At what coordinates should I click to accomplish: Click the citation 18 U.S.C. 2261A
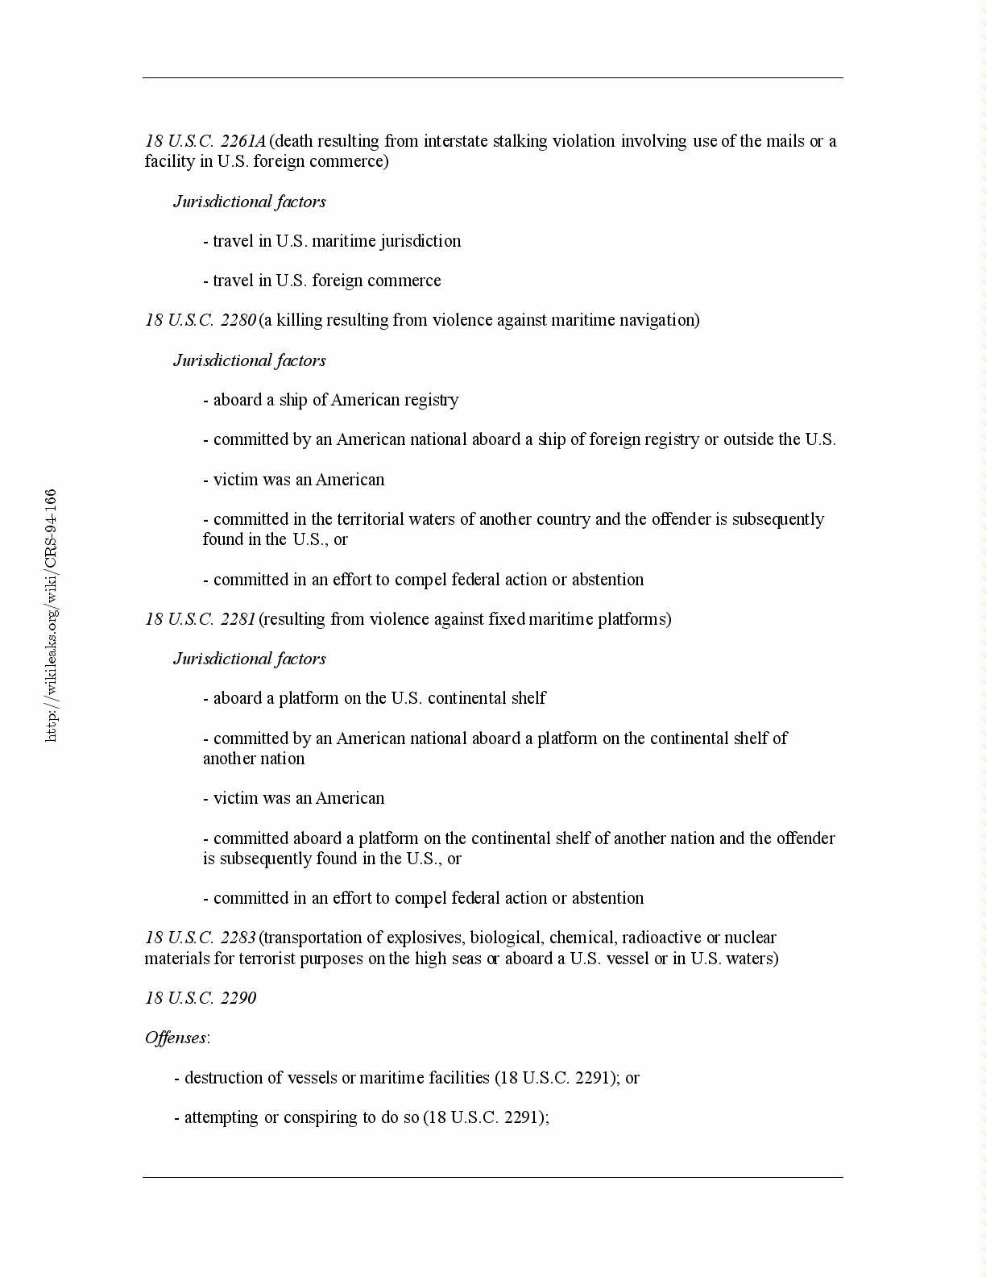coord(205,141)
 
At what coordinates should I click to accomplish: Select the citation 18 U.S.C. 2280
coord(201,320)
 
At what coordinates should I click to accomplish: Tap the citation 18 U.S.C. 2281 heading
coord(201,619)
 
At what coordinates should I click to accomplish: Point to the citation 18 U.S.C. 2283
coord(201,938)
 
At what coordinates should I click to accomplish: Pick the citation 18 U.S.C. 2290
coord(201,998)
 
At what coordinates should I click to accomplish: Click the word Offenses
coord(176,1038)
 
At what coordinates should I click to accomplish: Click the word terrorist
coord(267,959)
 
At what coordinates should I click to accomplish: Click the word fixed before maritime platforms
coord(507,619)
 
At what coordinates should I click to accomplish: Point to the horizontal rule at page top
coord(493,78)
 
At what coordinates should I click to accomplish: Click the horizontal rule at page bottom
coord(493,1177)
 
